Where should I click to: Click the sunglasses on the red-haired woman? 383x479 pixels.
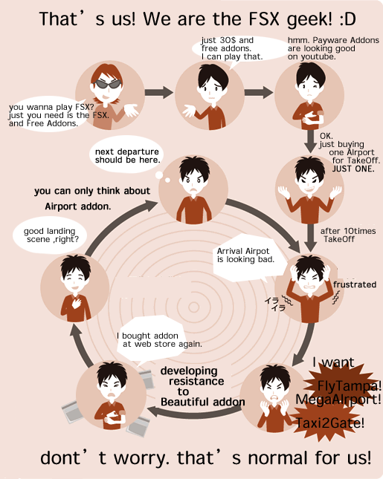pos(107,84)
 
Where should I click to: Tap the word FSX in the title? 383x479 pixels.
pos(264,19)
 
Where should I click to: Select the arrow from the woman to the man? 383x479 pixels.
pos(158,92)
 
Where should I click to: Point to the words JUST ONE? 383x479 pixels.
pos(353,169)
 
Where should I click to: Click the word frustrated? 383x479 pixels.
pos(355,284)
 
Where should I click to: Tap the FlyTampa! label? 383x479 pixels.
pos(349,386)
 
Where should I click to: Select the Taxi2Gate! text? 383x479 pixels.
pos(330,423)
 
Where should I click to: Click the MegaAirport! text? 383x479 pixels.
pos(338,399)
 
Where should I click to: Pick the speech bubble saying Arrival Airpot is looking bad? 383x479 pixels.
pos(248,258)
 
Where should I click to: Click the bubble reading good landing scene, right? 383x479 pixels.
pos(50,235)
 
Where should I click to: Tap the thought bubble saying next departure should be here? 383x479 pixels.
pos(126,155)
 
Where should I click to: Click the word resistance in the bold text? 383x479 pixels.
pos(196,381)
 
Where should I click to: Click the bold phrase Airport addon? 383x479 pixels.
pos(77,206)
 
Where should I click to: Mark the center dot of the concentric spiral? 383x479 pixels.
pos(193,307)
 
